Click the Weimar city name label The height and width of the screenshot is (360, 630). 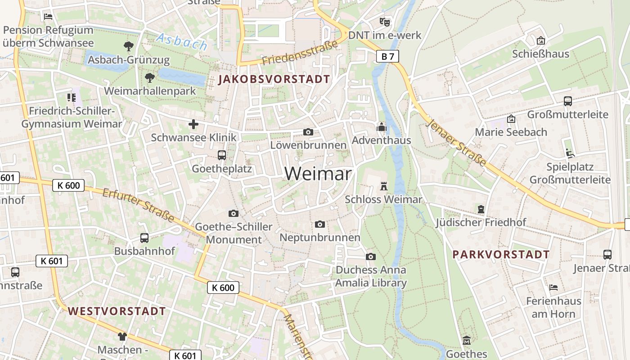[x=318, y=174]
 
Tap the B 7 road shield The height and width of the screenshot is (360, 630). [x=387, y=56]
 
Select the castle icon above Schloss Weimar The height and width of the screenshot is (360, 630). [x=384, y=186]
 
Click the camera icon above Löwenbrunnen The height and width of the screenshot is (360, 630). [x=308, y=132]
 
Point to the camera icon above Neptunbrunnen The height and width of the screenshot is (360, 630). [x=320, y=224]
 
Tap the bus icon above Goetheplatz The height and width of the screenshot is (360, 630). [x=222, y=155]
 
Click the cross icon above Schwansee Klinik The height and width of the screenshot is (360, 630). [x=193, y=124]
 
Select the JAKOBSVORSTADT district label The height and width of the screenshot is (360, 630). [x=274, y=80]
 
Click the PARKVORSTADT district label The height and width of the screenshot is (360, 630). [x=501, y=255]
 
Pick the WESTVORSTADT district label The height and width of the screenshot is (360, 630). [x=117, y=311]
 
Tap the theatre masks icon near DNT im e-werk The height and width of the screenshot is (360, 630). [x=384, y=21]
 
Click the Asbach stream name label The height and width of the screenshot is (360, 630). [x=182, y=42]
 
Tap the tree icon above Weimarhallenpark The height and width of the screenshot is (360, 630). [x=150, y=78]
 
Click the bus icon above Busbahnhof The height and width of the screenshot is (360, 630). [x=144, y=238]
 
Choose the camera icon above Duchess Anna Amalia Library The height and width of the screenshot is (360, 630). [x=371, y=256]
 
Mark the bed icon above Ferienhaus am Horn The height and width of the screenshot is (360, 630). [x=553, y=288]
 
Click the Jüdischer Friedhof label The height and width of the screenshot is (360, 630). [x=481, y=222]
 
